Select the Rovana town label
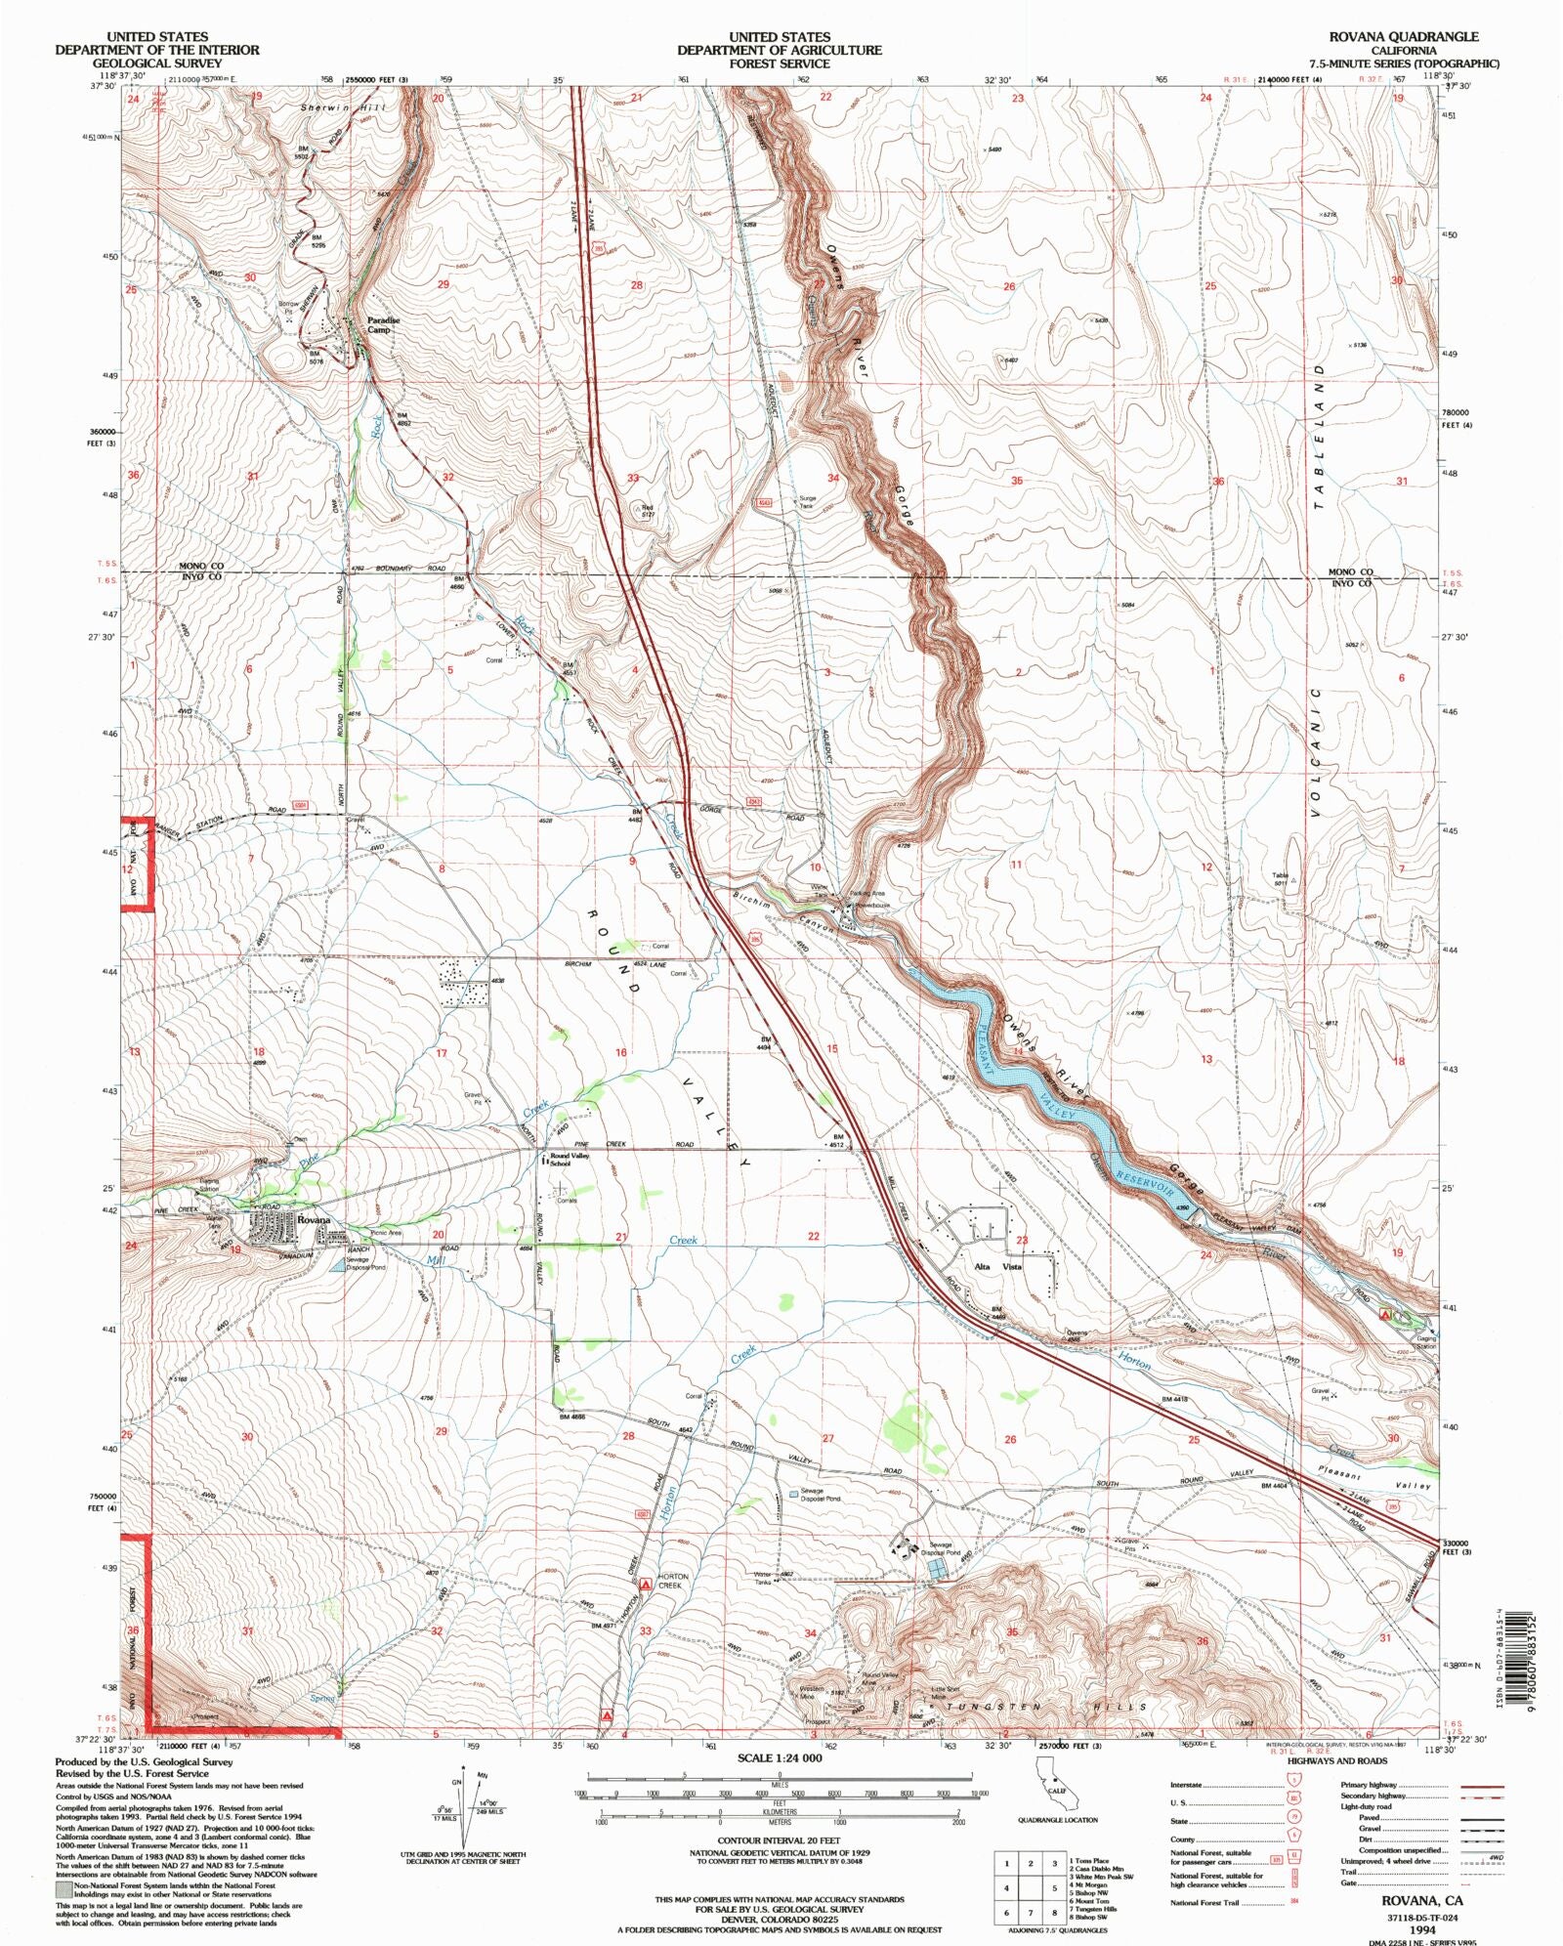314,1220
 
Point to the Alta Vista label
997,1266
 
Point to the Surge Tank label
806,501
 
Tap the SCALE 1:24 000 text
780,1757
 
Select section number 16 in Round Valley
620,1052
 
